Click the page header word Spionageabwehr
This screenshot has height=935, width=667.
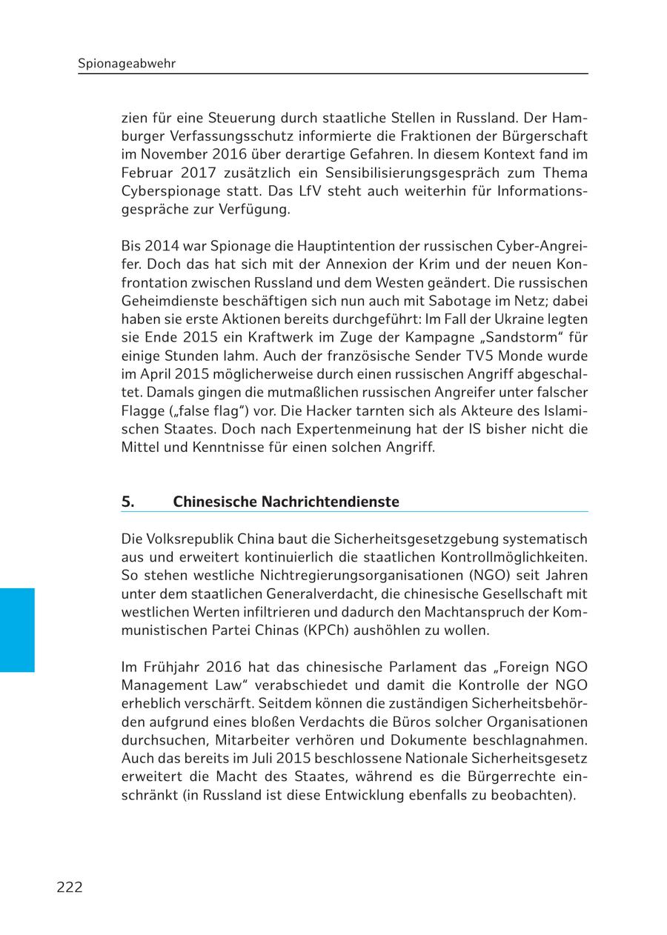click(127, 64)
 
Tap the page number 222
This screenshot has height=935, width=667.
click(70, 887)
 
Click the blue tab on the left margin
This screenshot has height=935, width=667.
click(17, 630)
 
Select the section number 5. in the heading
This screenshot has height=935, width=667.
click(128, 502)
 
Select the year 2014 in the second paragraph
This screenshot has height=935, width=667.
click(162, 245)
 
